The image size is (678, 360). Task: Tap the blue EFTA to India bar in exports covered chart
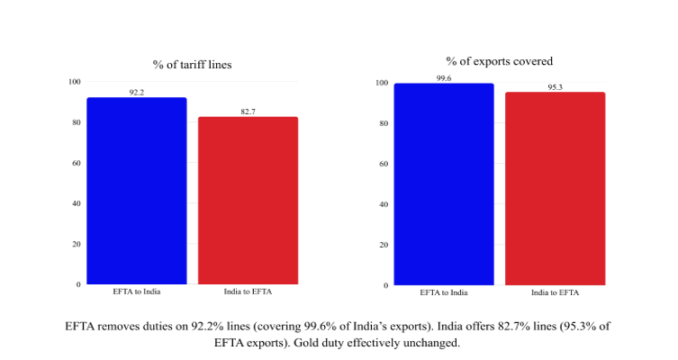click(443, 184)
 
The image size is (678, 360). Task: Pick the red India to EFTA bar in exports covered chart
click(555, 188)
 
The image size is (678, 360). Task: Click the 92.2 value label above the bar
click(136, 92)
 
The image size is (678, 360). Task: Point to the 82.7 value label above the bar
click(248, 111)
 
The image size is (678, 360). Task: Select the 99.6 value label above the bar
click(443, 78)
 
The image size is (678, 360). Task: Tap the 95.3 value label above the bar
click(555, 87)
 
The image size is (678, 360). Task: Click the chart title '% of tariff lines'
click(192, 64)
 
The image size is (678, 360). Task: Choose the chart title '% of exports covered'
click(499, 61)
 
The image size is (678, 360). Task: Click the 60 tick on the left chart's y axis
click(75, 163)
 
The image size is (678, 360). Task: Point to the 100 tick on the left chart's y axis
click(73, 82)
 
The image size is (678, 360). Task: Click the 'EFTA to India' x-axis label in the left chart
click(136, 292)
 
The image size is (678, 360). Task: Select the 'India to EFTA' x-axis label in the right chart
click(555, 293)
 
